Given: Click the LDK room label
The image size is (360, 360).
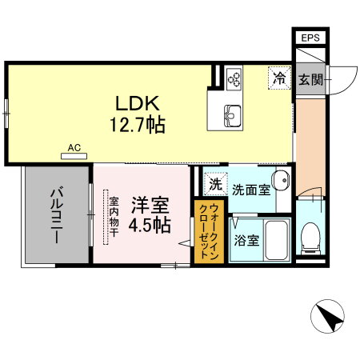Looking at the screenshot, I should click(x=143, y=103).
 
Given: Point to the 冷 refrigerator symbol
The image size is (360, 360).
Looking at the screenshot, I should click(x=279, y=78).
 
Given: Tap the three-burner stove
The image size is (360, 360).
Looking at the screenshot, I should click(x=234, y=78).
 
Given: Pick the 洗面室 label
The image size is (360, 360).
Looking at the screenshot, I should click(x=250, y=190).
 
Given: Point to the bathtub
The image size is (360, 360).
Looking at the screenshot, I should click(x=276, y=238).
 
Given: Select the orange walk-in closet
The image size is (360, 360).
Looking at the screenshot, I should click(x=204, y=232).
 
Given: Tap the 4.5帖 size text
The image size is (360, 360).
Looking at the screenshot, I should click(x=147, y=225).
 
